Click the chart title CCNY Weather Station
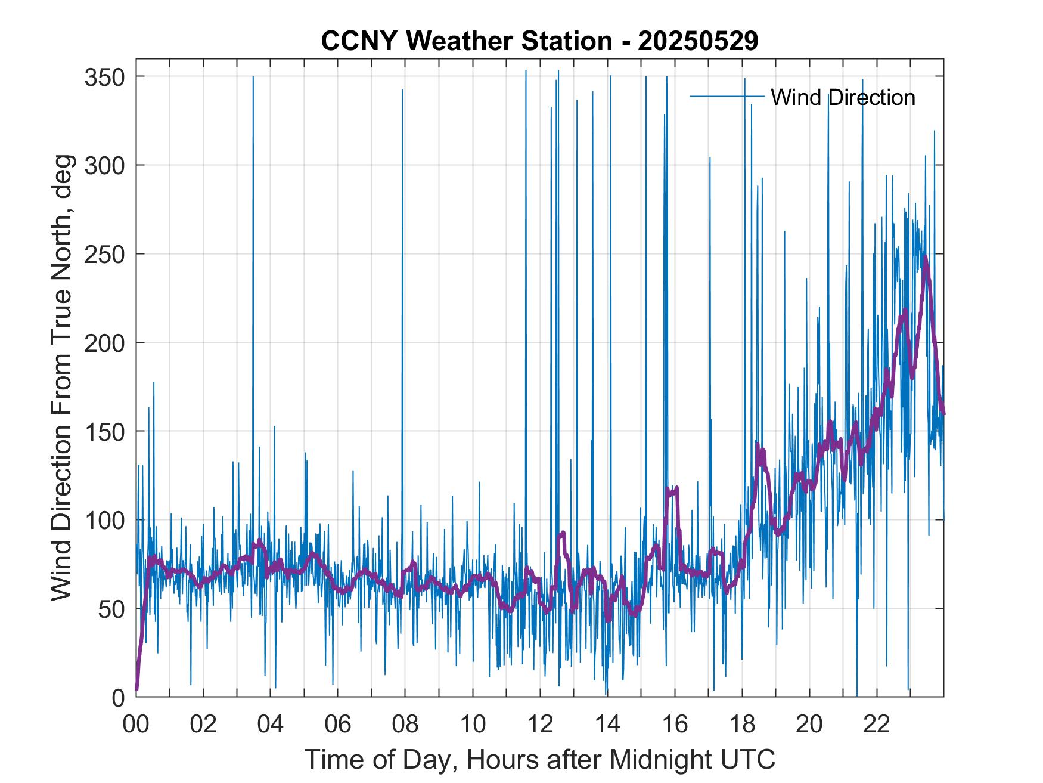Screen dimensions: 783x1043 click(465, 41)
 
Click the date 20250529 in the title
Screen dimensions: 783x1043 click(697, 41)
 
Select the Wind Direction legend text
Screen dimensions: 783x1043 click(843, 97)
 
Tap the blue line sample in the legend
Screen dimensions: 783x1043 click(727, 97)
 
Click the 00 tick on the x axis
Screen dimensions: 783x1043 click(136, 725)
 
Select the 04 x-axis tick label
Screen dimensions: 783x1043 click(271, 725)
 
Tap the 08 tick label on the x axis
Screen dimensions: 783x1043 click(405, 725)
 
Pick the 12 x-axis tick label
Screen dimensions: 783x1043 click(540, 725)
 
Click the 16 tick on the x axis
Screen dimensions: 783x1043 click(675, 725)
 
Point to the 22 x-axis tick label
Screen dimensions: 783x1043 click(877, 725)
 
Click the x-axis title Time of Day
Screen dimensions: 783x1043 click(540, 759)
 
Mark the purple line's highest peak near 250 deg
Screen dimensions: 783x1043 click(925, 258)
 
